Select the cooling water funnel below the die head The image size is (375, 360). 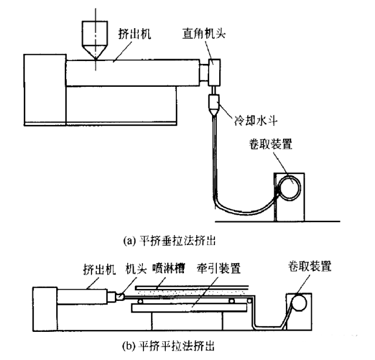pos(215,106)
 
